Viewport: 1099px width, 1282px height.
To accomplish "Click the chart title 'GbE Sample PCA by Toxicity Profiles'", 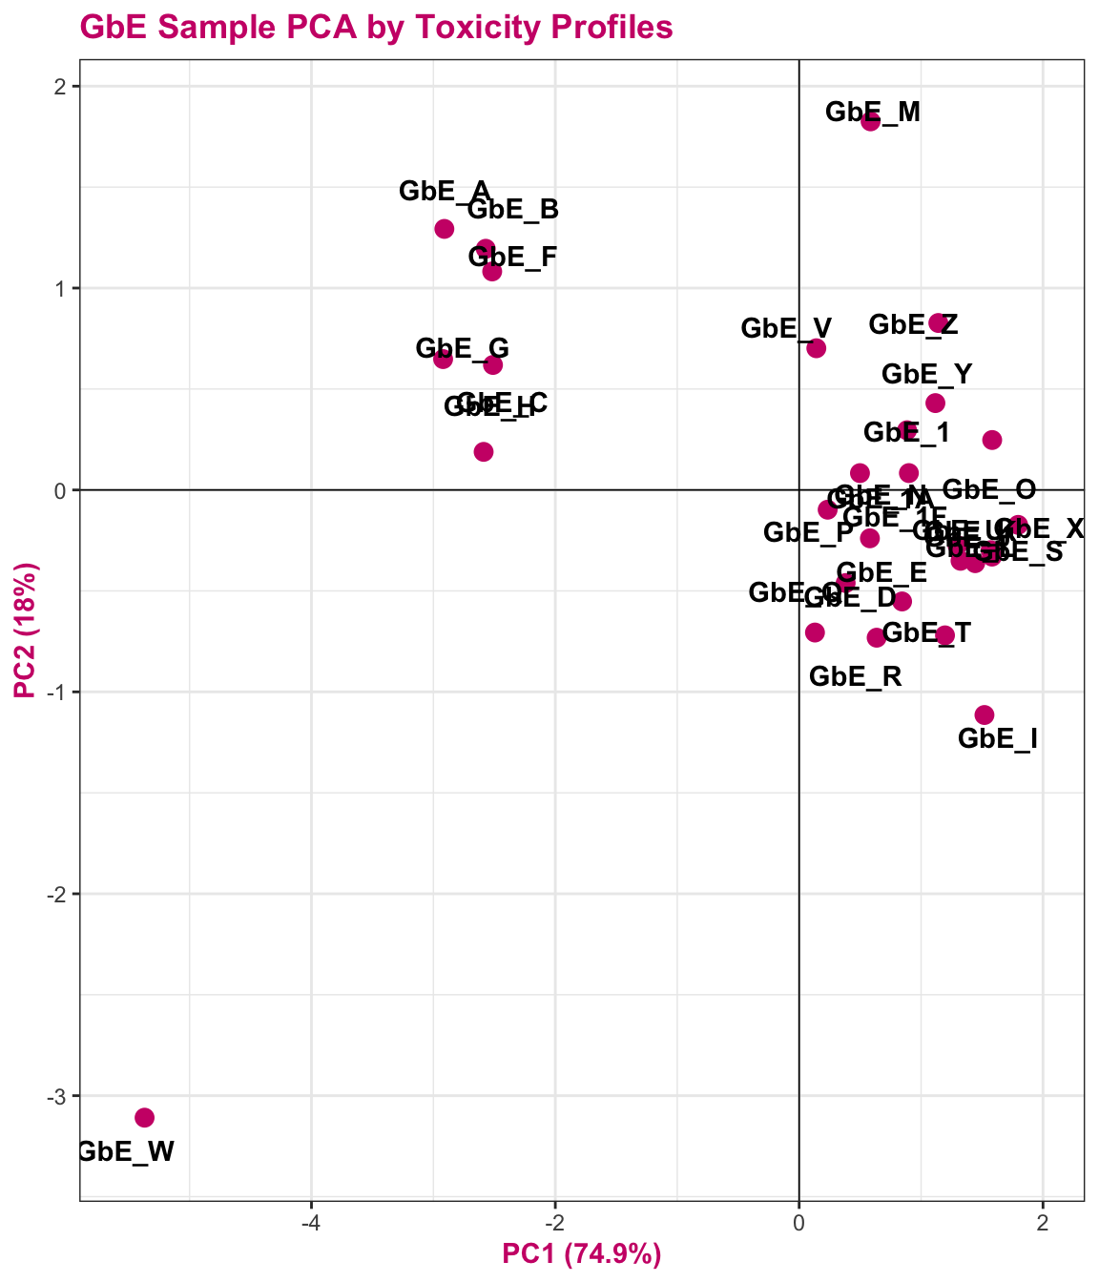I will pyautogui.click(x=377, y=28).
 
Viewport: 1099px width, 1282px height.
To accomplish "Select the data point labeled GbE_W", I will pyautogui.click(x=145, y=1117).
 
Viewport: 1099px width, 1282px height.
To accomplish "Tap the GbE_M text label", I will pyautogui.click(x=873, y=113).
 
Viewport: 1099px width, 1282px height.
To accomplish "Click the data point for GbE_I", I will pyautogui.click(x=985, y=714).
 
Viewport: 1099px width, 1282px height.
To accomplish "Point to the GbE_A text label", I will pyautogui.click(x=445, y=191).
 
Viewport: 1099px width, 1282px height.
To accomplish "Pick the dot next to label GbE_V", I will pyautogui.click(x=817, y=348).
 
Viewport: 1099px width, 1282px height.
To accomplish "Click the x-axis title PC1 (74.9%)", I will pyautogui.click(x=582, y=1254).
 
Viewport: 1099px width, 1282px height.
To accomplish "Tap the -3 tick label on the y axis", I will pyautogui.click(x=55, y=1096).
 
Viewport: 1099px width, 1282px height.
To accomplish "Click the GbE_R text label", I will pyautogui.click(x=856, y=677).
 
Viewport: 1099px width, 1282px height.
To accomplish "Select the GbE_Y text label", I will pyautogui.click(x=927, y=374).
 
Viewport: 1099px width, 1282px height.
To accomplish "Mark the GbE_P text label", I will pyautogui.click(x=809, y=532).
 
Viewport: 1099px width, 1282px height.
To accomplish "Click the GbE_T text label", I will pyautogui.click(x=926, y=632).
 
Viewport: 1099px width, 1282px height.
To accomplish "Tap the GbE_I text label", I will pyautogui.click(x=998, y=738).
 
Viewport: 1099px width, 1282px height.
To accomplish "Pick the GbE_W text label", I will pyautogui.click(x=125, y=1151).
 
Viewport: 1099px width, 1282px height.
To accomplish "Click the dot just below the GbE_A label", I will pyautogui.click(x=445, y=229).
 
